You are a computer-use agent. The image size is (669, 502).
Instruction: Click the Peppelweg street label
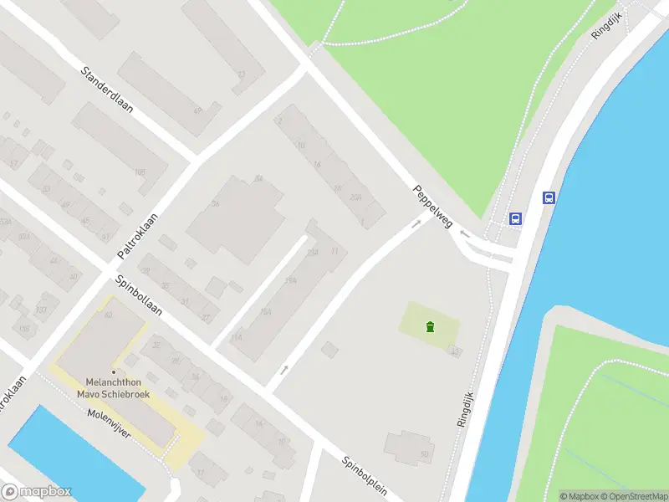(432, 207)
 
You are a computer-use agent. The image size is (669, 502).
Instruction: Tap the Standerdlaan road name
(107, 94)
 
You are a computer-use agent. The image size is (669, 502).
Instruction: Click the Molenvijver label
(110, 424)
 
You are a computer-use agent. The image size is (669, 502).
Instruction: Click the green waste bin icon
(430, 326)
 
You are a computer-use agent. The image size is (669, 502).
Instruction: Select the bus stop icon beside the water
(549, 198)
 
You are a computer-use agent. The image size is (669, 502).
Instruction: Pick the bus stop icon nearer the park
(516, 218)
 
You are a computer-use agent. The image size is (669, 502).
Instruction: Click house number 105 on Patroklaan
(140, 172)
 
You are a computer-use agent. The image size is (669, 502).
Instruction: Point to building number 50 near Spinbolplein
(424, 454)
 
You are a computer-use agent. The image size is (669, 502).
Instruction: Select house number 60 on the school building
(109, 315)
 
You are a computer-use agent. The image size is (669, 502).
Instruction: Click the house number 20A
(355, 197)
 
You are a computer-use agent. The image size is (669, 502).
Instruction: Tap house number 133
(41, 310)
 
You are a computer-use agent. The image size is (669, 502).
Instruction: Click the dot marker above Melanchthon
(113, 372)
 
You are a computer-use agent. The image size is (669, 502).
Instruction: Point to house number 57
(13, 164)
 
